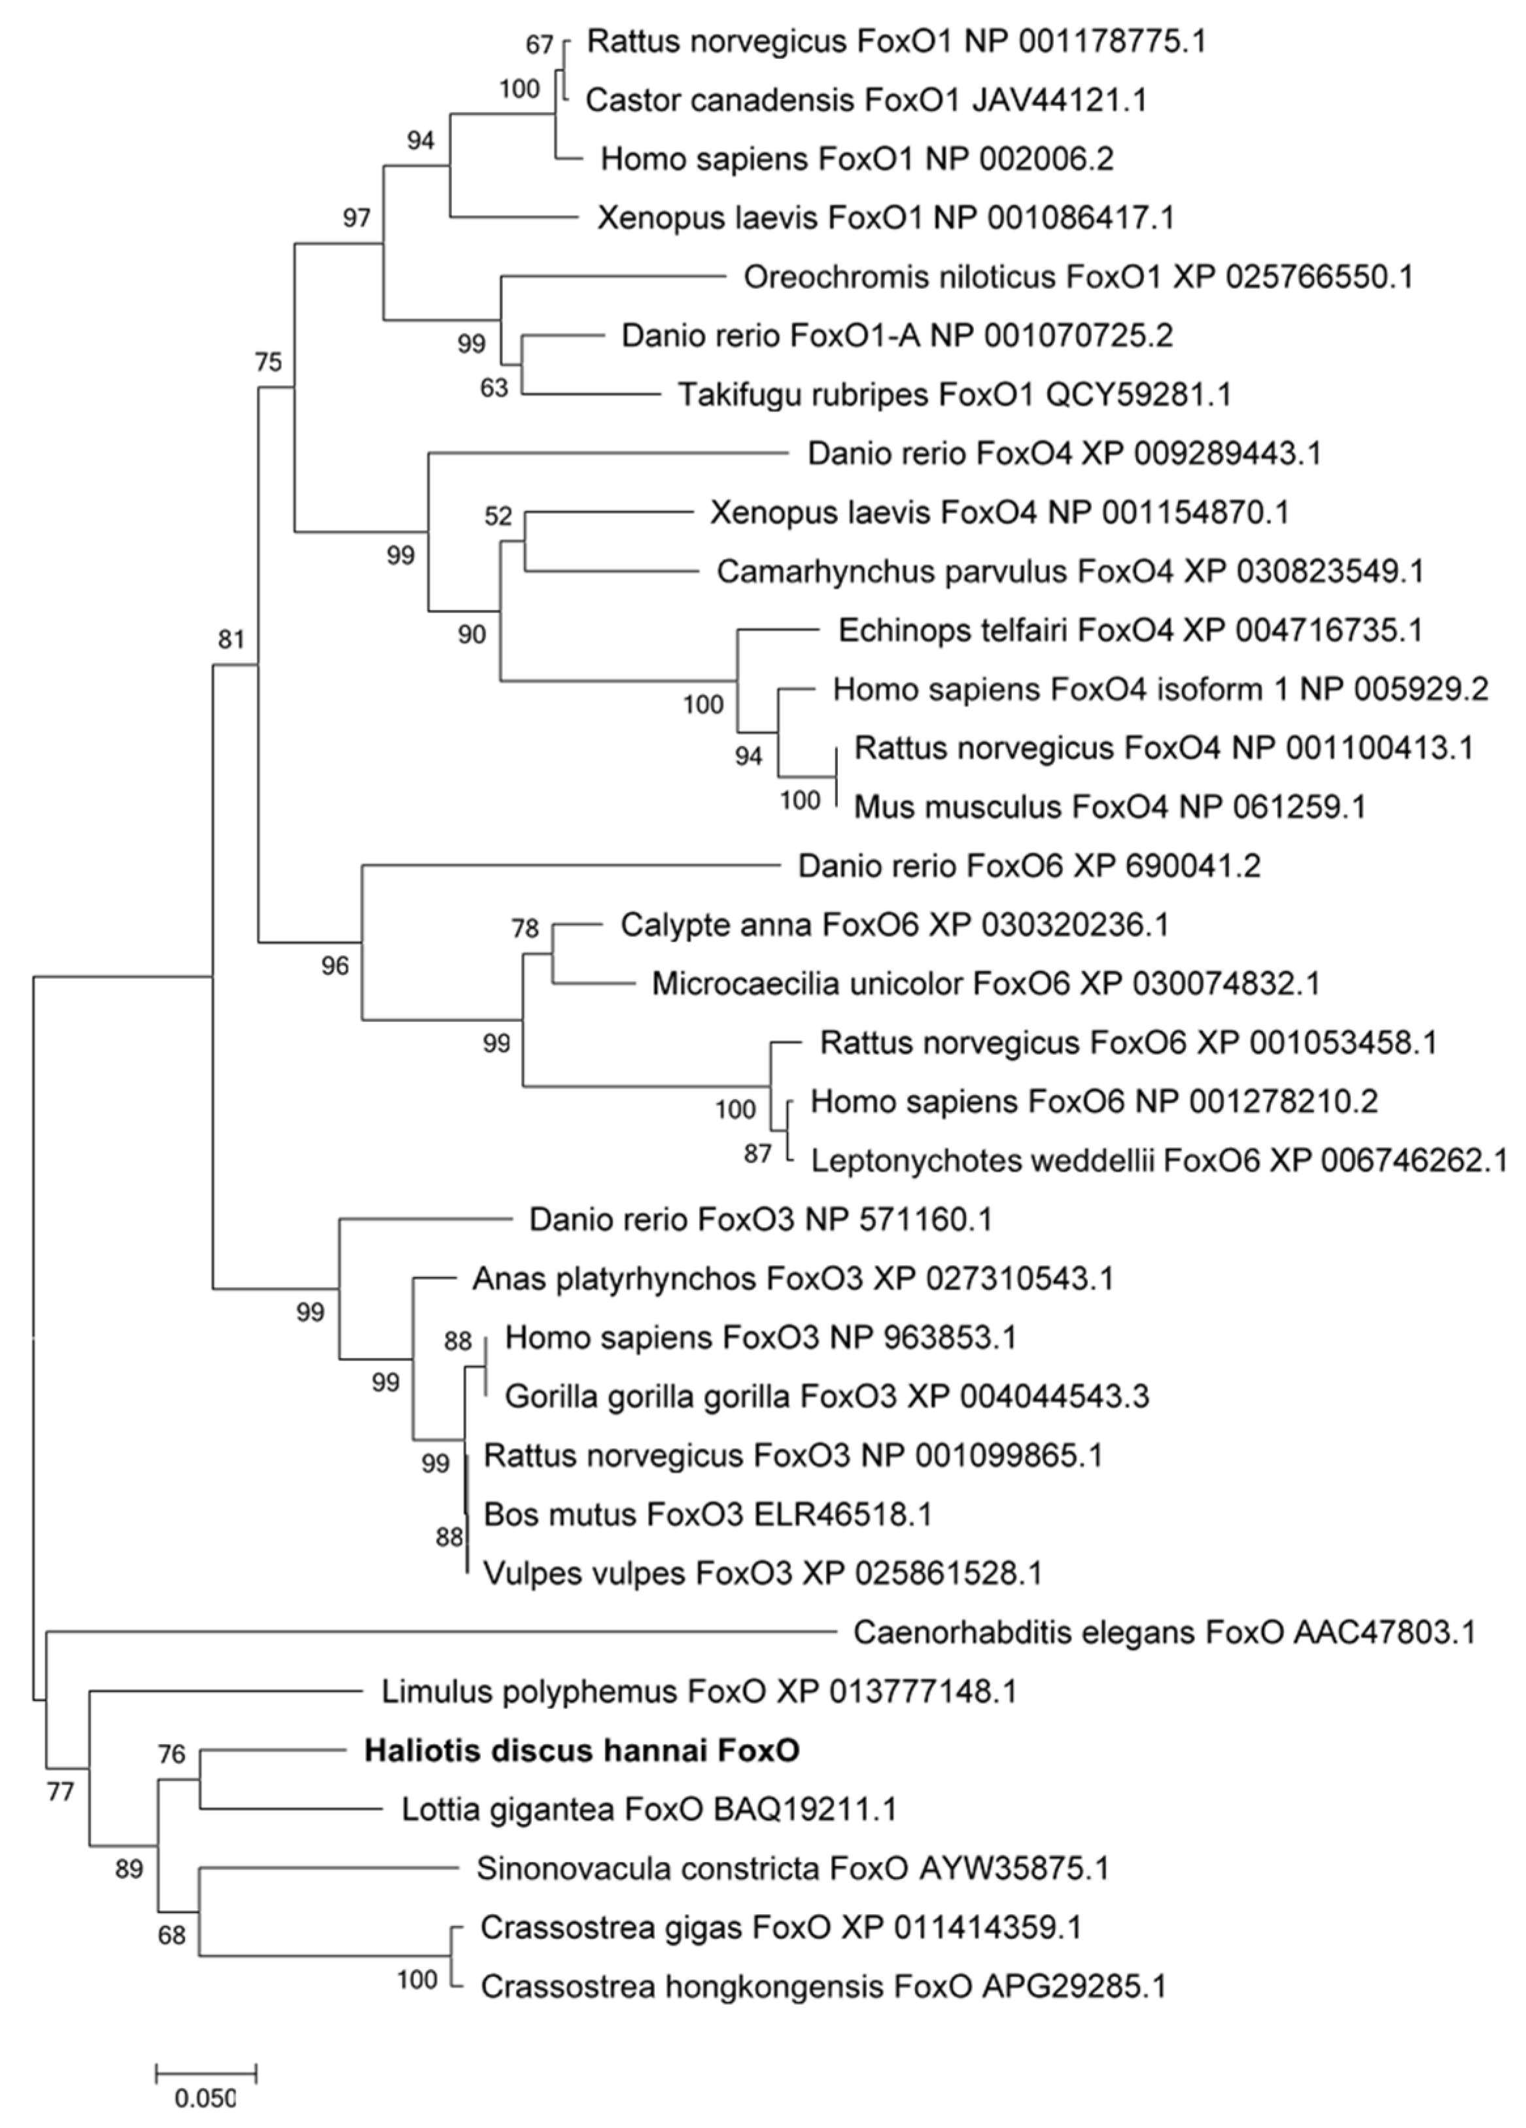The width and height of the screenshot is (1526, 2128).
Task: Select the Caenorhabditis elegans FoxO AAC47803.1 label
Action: pos(1164,1634)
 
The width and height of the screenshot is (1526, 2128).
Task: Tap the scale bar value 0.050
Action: pos(205,2097)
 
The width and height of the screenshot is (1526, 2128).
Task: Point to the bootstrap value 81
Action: pos(231,640)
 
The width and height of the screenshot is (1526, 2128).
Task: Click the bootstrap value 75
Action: pos(268,362)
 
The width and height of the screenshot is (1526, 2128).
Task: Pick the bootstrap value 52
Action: pos(498,516)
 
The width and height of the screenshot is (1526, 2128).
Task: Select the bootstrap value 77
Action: pos(60,1791)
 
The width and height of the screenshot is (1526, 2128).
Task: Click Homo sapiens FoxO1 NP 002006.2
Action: pos(857,159)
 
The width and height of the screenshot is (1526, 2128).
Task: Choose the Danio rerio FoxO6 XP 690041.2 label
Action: pos(1029,865)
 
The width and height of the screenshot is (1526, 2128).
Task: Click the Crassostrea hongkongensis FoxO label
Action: pos(823,1986)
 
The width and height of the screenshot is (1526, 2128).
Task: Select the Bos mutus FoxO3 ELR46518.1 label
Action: pos(708,1514)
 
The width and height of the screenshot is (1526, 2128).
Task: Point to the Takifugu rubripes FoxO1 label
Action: pos(954,395)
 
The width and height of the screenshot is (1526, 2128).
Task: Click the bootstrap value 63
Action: pos(494,388)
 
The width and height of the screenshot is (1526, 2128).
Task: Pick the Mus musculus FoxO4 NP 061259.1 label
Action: pos(1109,806)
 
